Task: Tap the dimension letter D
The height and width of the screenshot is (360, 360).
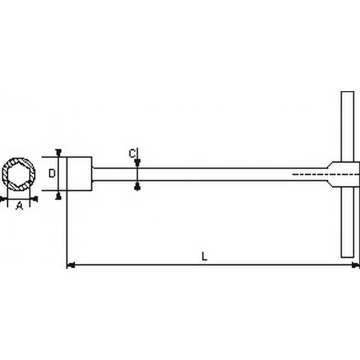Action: tap(53, 174)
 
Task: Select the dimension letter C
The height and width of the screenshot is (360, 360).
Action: tap(132, 153)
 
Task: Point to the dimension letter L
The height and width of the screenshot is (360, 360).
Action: tap(204, 256)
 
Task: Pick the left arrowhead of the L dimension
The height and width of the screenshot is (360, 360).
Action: tap(71, 264)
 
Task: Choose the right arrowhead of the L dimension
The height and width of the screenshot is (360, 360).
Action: tap(355, 264)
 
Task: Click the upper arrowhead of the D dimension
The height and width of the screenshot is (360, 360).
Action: tap(59, 153)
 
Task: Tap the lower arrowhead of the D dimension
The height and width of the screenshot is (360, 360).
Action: tap(59, 195)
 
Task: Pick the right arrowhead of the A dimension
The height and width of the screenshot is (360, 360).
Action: tap(35, 199)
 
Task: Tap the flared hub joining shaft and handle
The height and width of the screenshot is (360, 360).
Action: tap(333, 174)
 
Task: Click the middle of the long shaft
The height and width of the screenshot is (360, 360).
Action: tap(212, 174)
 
